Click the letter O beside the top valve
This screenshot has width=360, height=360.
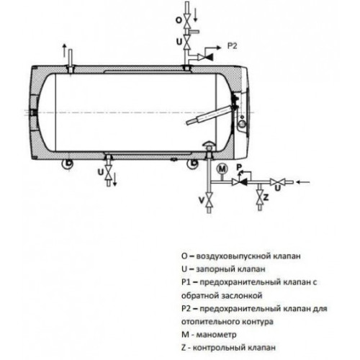tap(179, 20)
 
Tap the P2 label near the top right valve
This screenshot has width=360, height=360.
tap(232, 46)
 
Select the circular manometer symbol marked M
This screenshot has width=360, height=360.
tap(222, 169)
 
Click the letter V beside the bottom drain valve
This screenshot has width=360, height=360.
tap(202, 199)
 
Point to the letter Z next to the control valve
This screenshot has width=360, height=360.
tap(266, 197)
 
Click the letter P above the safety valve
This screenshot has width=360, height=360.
tap(239, 167)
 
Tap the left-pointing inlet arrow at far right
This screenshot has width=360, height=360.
tap(303, 182)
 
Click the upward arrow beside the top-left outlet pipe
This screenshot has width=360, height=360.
tap(64, 50)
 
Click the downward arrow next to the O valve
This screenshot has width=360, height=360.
tap(196, 15)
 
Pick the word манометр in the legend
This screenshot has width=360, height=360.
tap(216, 335)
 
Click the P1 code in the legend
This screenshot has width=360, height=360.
tap(186, 282)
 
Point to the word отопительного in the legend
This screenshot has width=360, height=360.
tap(210, 321)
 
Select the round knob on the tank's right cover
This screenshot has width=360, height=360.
tap(243, 124)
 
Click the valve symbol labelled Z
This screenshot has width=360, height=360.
tap(259, 196)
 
